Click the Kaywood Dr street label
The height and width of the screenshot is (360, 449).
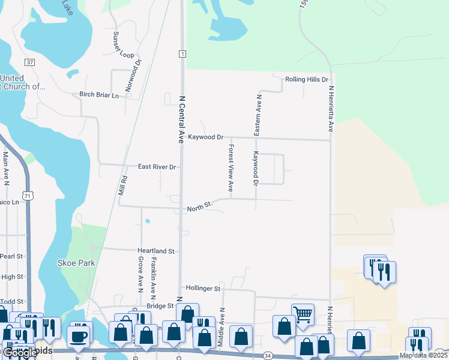pos(205,137)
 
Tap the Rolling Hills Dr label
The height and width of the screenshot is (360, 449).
pos(307,79)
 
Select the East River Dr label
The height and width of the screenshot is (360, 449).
pos(157,167)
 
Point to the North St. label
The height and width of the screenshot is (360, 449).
pos(200,207)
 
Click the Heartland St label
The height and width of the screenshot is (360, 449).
pos(156,251)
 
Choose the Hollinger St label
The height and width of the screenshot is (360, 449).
pos(204,288)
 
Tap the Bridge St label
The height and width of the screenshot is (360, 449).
pos(160,305)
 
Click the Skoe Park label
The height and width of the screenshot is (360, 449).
pos(76,263)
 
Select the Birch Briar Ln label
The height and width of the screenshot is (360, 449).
pos(100,94)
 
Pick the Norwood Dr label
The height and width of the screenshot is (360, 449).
pos(133,76)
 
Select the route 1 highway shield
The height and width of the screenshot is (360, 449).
pos(181,54)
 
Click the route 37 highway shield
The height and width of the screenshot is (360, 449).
pos(29,62)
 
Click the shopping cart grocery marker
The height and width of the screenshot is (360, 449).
pos(303,314)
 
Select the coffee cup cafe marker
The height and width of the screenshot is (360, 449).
pos(80,335)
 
